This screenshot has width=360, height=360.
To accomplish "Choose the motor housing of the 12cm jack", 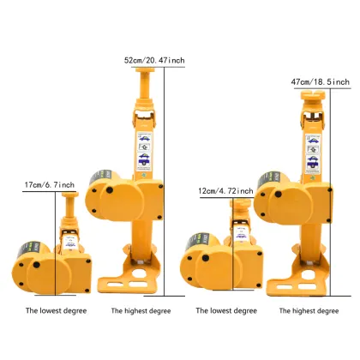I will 201,268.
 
